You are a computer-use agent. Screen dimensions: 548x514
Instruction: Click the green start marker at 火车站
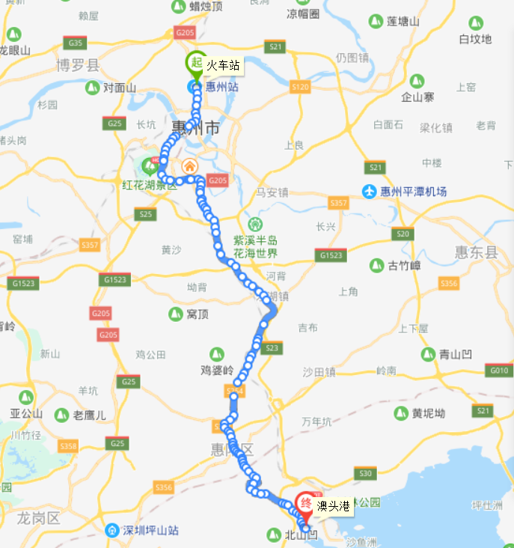[196, 63]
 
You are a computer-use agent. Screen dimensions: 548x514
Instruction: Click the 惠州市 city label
[195, 128]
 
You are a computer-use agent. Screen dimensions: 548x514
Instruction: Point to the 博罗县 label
[78, 66]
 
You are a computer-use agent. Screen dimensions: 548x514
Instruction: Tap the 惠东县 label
[476, 253]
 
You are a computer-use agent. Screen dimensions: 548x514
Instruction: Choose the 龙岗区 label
[38, 518]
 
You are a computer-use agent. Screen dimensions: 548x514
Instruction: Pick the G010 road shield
[498, 370]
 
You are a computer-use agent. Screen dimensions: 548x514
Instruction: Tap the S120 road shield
[300, 87]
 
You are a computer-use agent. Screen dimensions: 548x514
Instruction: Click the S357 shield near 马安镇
[339, 203]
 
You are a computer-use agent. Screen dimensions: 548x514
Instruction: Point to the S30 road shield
[365, 472]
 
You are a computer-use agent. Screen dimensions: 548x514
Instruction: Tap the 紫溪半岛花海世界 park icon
[256, 224]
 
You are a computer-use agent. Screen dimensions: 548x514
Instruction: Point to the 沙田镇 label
[319, 371]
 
